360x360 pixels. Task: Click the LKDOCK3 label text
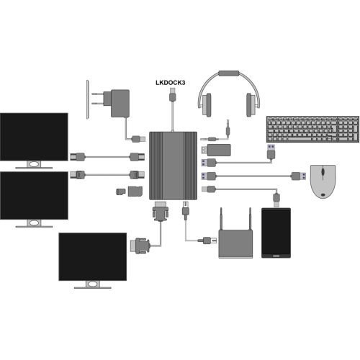click(171, 83)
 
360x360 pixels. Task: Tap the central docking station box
click(173, 166)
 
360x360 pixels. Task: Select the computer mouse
click(323, 181)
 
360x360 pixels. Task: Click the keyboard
click(313, 129)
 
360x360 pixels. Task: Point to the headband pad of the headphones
click(229, 73)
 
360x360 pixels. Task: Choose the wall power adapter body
click(120, 104)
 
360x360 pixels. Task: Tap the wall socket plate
click(88, 99)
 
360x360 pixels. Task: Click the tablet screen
click(276, 233)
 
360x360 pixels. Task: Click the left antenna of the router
click(221, 219)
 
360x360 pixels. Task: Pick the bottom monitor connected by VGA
click(93, 261)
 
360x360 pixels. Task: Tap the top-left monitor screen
click(34, 137)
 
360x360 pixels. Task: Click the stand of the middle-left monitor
click(34, 223)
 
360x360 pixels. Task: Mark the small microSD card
click(121, 192)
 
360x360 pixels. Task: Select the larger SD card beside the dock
click(135, 192)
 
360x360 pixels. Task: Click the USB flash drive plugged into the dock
click(216, 150)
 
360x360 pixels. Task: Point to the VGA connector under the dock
click(161, 211)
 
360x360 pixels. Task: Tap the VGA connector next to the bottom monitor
click(140, 246)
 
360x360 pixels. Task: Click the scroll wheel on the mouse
click(323, 172)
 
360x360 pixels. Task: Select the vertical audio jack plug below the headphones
click(228, 128)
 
